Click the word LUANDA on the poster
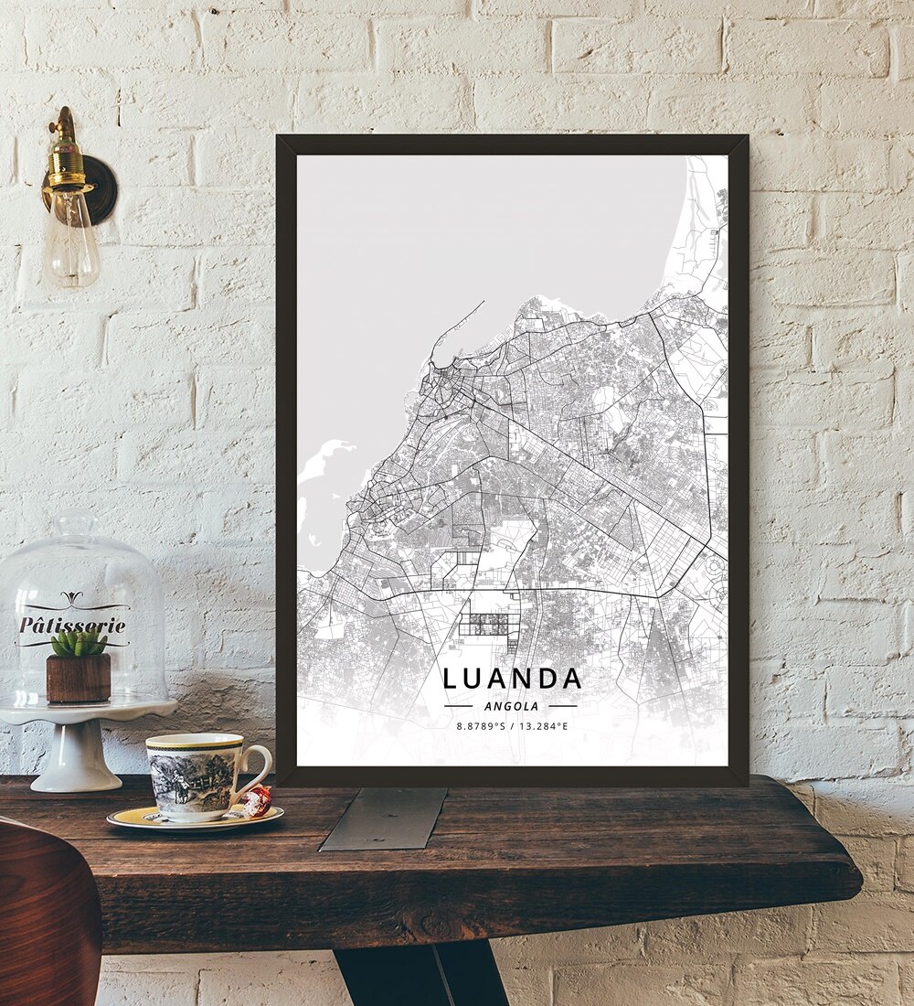[512, 679]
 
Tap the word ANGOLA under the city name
[512, 706]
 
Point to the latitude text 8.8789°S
[480, 726]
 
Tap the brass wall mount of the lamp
[95, 187]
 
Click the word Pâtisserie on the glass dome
[72, 626]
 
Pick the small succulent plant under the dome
[79, 643]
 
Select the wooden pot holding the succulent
[79, 678]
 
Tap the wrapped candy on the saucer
[257, 801]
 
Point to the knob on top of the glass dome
[77, 524]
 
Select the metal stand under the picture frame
[384, 818]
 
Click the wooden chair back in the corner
[46, 915]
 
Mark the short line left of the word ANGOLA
[458, 706]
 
